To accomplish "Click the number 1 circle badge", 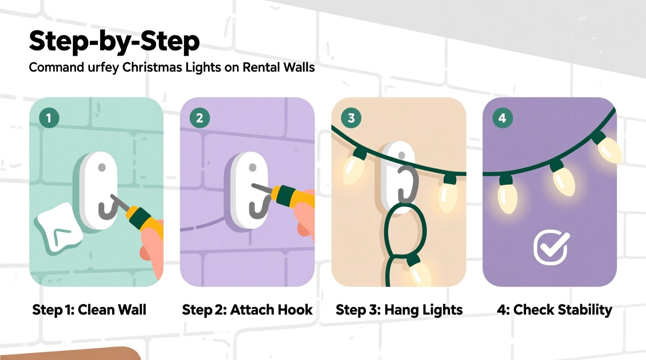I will point(49,118).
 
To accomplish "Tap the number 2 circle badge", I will point(200,118).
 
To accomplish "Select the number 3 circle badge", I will point(351,118).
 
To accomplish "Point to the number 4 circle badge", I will point(502,118).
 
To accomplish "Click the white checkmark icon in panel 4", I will point(551,247).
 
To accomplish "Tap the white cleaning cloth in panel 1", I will point(58,229).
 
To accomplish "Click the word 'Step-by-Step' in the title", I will point(114,41).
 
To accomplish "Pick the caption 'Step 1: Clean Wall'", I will point(89,310).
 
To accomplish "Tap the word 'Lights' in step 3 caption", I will point(442,310).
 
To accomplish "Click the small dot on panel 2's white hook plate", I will point(252,168).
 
